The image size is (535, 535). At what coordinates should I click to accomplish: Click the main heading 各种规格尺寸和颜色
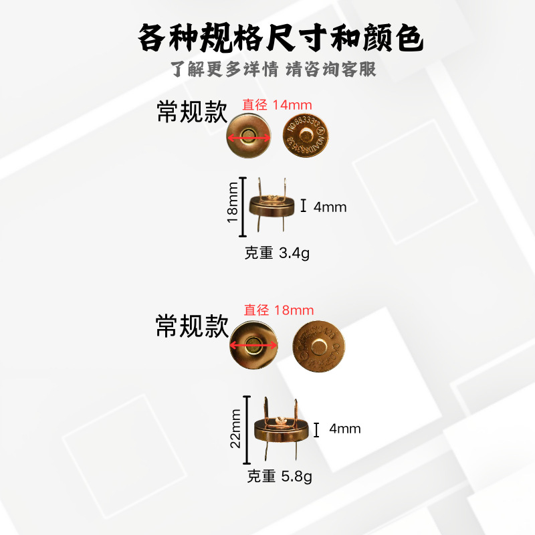click(280, 37)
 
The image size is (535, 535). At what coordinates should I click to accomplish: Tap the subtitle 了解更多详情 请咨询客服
click(274, 69)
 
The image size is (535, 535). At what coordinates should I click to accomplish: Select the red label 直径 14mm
click(278, 104)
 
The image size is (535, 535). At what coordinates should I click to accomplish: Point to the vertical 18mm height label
click(232, 207)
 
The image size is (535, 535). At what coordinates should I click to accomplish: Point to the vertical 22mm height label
click(235, 430)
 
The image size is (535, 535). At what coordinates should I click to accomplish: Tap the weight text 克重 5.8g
click(280, 477)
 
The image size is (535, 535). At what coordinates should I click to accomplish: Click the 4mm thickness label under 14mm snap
click(330, 207)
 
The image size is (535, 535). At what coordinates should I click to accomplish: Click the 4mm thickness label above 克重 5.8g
click(344, 429)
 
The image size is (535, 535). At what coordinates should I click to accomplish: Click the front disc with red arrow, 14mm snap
click(249, 136)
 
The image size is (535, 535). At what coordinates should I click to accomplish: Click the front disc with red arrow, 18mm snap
click(253, 345)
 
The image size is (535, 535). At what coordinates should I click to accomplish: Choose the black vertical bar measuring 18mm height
click(243, 207)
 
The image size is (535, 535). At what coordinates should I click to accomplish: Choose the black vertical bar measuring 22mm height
click(247, 430)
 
